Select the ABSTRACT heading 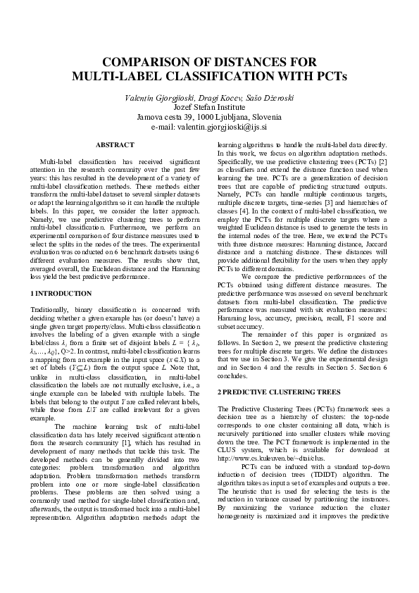tap(114, 144)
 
